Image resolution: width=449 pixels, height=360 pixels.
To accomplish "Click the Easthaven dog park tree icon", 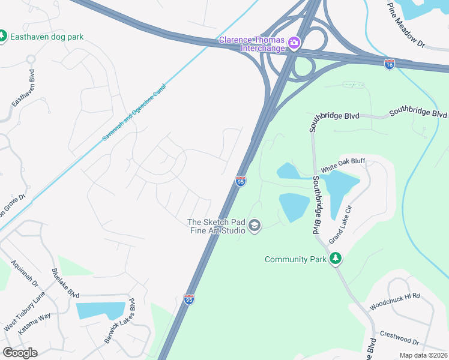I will [x=2, y=37].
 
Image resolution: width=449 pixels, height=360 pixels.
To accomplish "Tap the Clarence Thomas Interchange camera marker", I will [x=294, y=42].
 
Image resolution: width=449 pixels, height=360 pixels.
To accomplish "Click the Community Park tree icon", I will [x=336, y=259].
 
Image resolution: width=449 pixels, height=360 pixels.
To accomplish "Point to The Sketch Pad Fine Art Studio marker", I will [x=255, y=226].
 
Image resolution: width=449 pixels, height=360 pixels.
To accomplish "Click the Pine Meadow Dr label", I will [x=406, y=27].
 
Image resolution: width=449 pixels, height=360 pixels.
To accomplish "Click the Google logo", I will [x=20, y=353].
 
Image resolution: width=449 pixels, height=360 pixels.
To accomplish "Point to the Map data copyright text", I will [x=423, y=355].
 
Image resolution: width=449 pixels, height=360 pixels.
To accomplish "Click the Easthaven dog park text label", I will [x=47, y=37].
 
